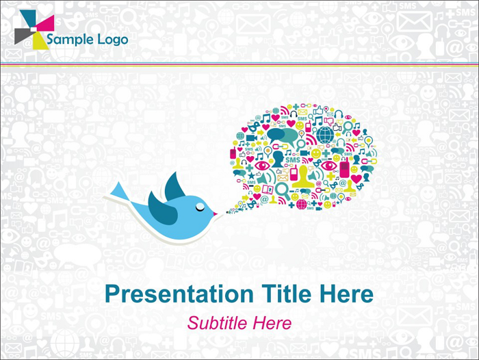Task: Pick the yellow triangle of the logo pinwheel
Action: click(x=39, y=41)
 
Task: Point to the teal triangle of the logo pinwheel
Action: click(x=29, y=18)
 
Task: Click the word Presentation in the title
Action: click(x=179, y=294)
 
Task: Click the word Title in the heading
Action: click(x=288, y=294)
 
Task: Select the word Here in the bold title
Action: click(x=347, y=294)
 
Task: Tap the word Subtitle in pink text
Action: click(x=217, y=323)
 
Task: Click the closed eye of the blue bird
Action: click(x=200, y=207)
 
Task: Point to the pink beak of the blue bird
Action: click(x=215, y=214)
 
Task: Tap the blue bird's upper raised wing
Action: click(x=174, y=185)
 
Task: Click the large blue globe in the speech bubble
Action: click(x=325, y=135)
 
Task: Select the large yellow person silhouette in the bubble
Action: click(x=303, y=177)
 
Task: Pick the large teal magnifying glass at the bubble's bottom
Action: click(x=283, y=190)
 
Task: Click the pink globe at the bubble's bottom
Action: click(x=302, y=204)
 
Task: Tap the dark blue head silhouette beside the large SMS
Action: click(x=278, y=159)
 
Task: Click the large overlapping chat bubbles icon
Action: click(x=282, y=136)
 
